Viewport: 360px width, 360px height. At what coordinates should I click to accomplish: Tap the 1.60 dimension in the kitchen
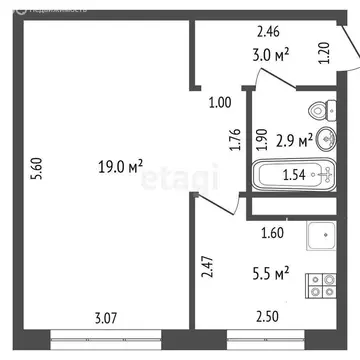[x=272, y=236]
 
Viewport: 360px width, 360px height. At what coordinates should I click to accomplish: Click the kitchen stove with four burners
[x=320, y=285]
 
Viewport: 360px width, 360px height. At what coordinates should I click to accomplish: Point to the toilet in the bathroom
[x=319, y=110]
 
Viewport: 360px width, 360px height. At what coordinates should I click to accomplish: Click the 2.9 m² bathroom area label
[x=295, y=141]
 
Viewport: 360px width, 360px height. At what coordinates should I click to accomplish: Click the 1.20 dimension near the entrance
[x=323, y=53]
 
